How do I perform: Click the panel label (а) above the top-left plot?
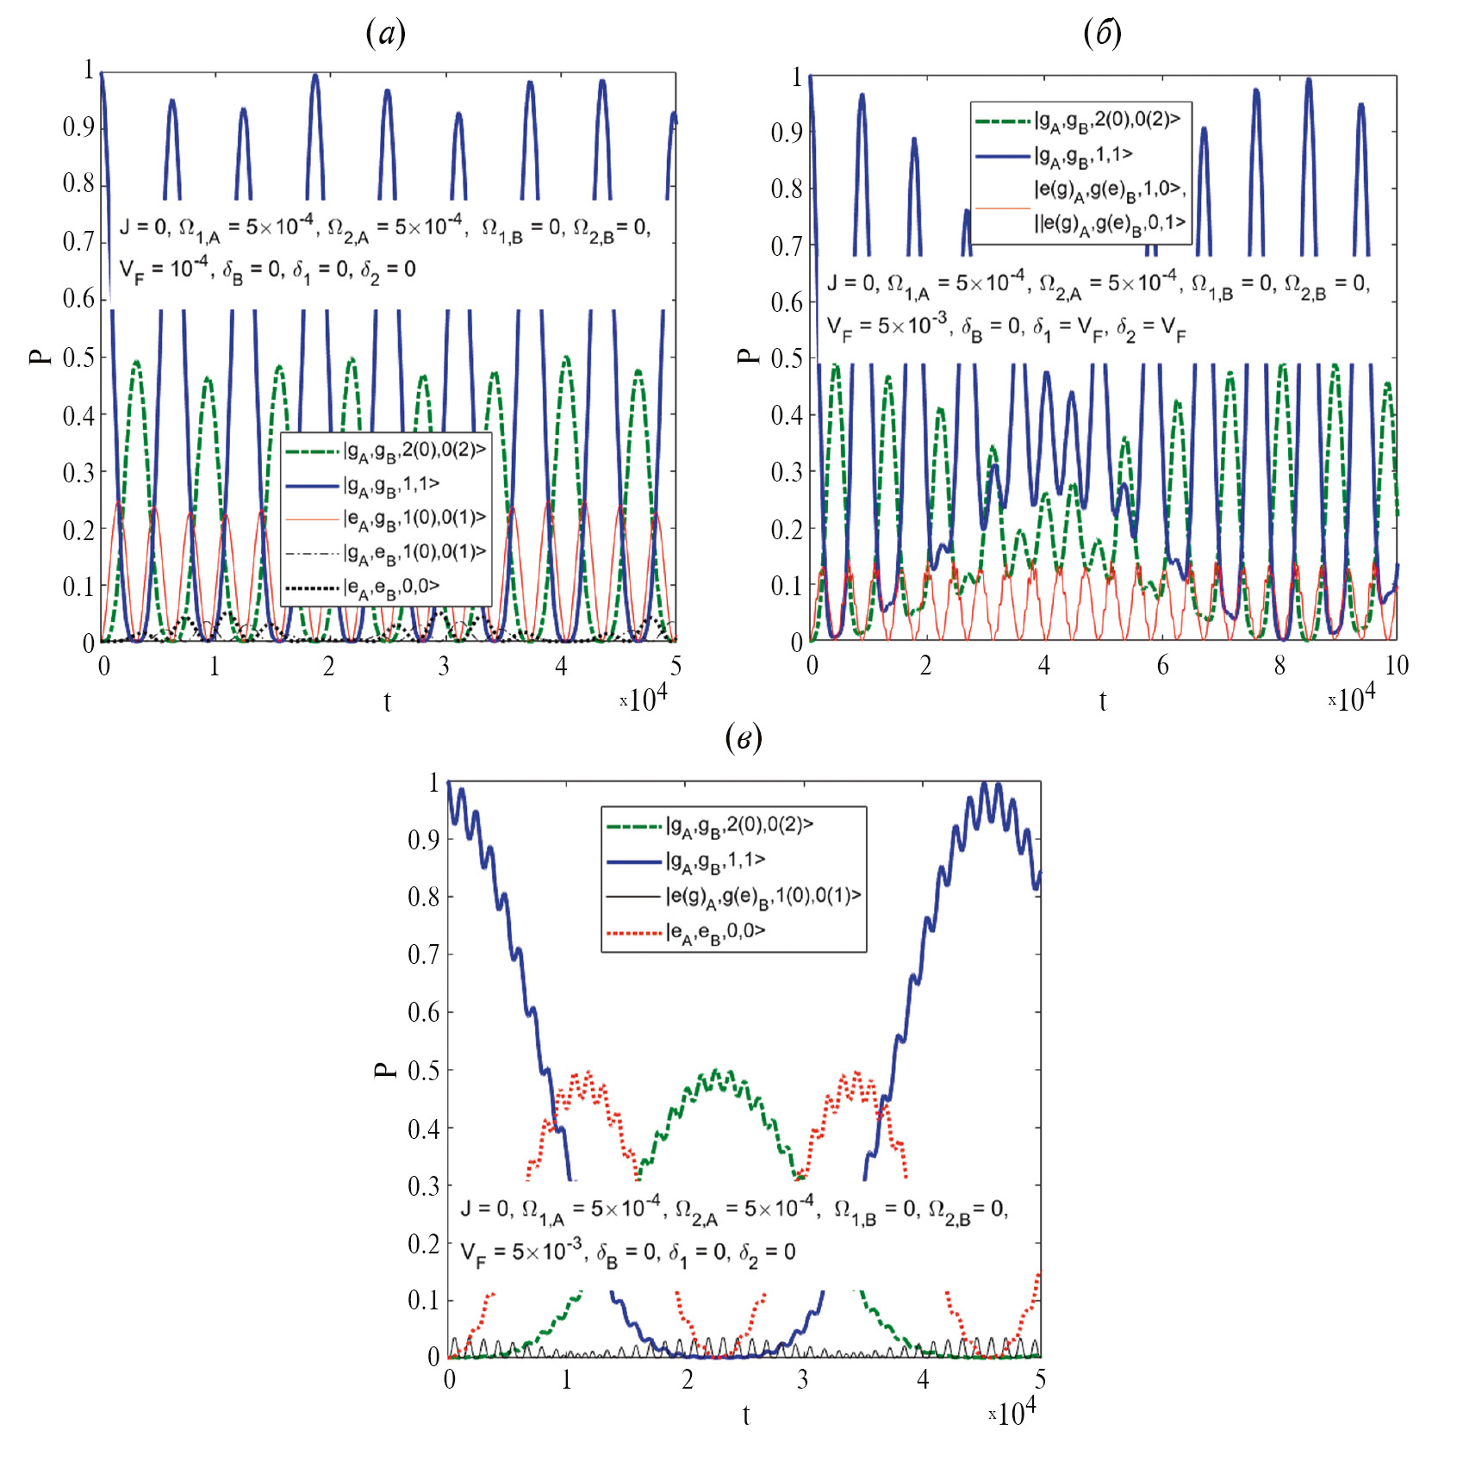[x=385, y=34]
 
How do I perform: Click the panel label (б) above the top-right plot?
[x=1102, y=34]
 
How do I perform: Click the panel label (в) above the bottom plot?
[x=744, y=737]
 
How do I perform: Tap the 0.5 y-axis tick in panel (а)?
[x=79, y=357]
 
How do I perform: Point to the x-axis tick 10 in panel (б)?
[x=1396, y=665]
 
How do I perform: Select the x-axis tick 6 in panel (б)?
[x=1162, y=665]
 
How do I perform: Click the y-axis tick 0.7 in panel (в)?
[x=424, y=954]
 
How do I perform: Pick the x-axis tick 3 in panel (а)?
[x=444, y=666]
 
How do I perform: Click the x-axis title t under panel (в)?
[x=746, y=1414]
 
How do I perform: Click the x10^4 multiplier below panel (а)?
[x=644, y=699]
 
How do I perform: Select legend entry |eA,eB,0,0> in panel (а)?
[x=391, y=587]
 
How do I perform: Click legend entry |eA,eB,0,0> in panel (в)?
[x=715, y=931]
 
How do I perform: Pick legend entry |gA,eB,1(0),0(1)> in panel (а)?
[x=414, y=552]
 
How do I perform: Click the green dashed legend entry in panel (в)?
[x=739, y=825]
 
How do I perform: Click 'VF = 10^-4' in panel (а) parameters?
[x=164, y=269]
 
